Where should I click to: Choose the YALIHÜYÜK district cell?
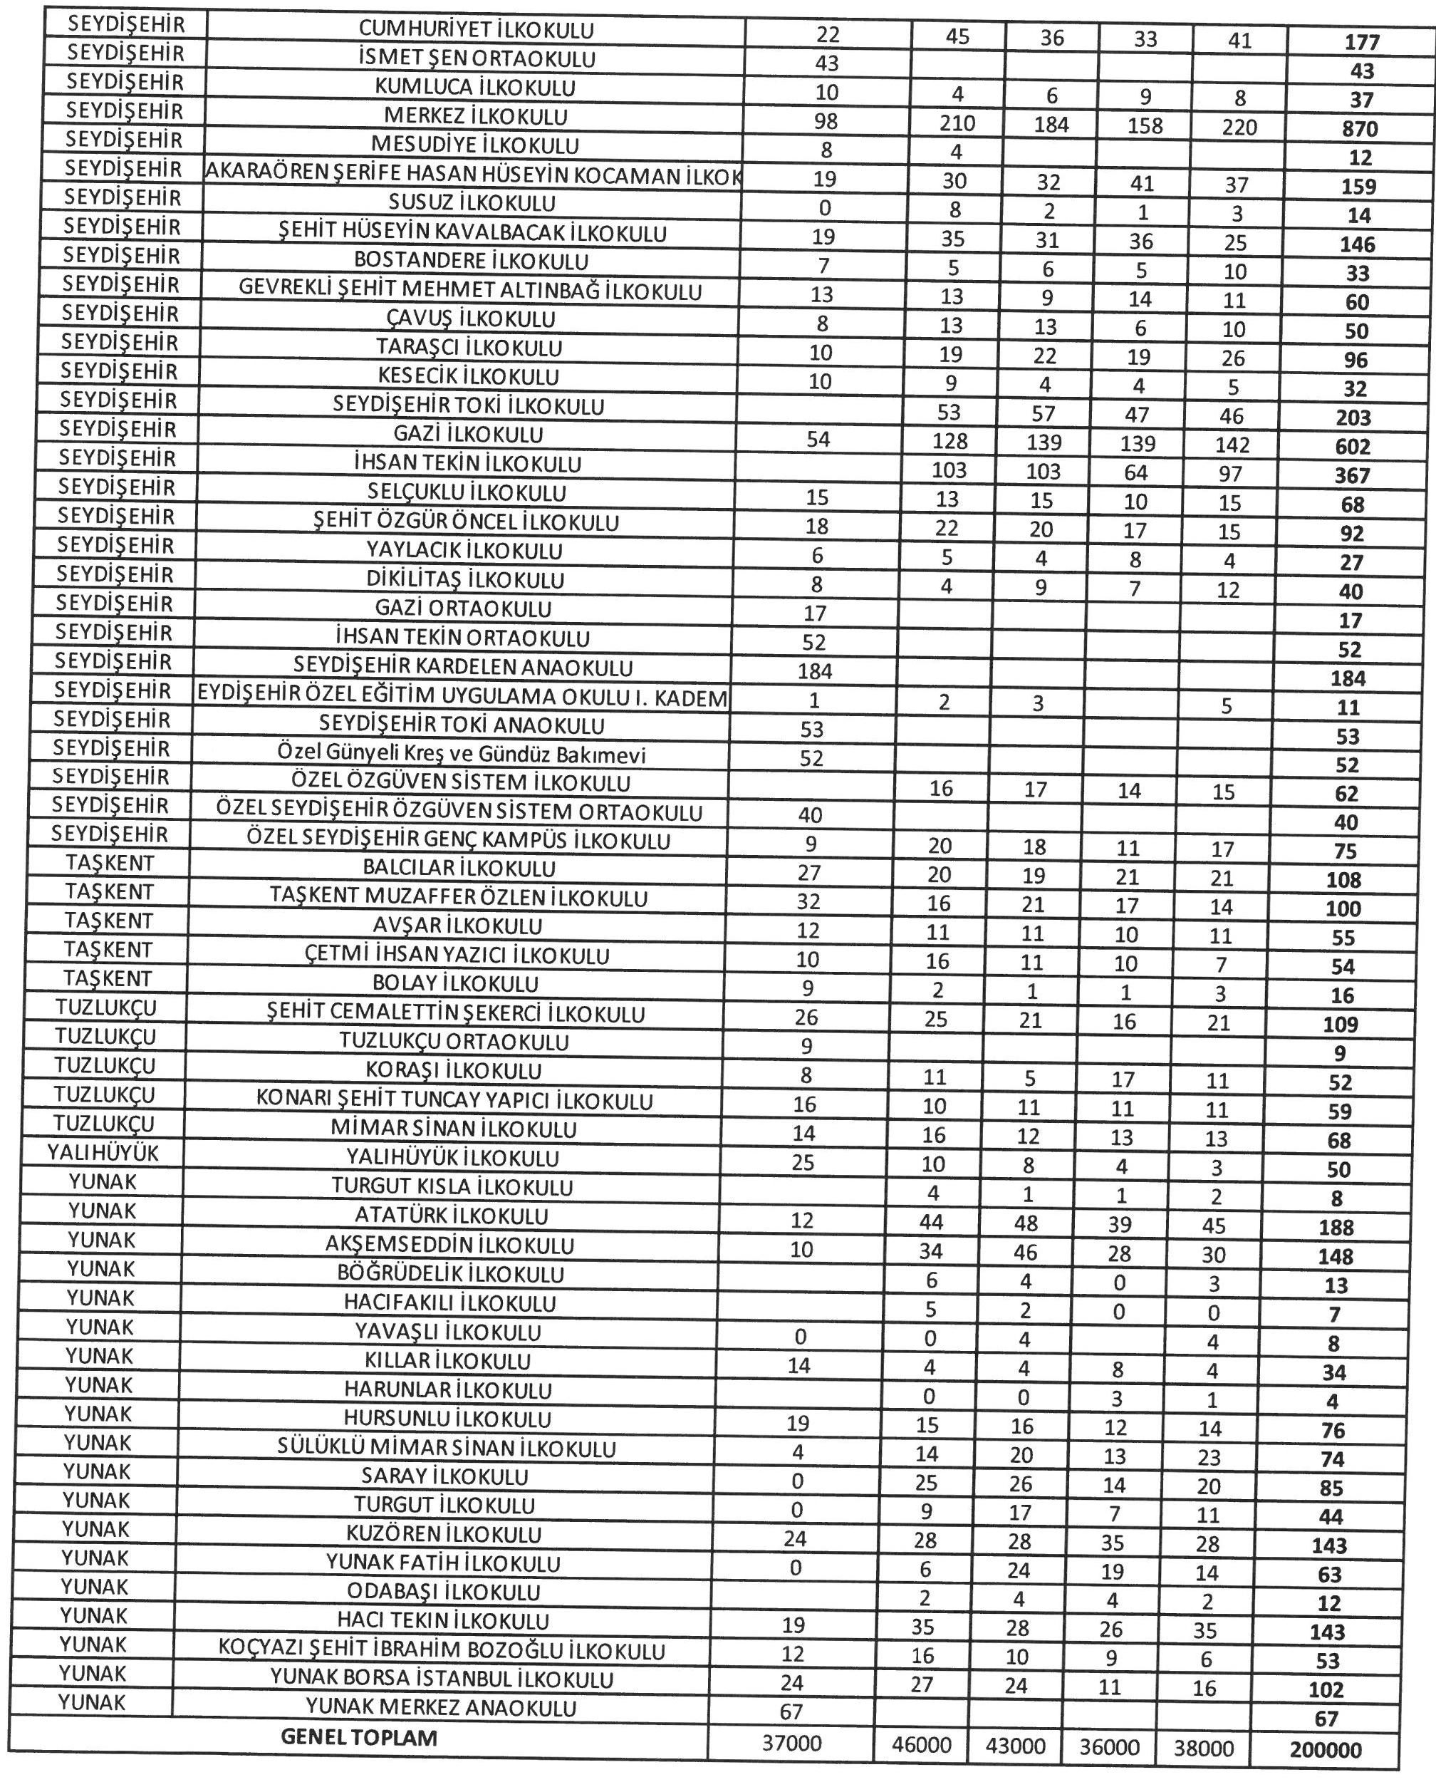coord(103,1153)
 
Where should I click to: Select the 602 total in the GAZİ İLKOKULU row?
coord(1353,447)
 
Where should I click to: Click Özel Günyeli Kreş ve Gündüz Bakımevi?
coord(461,755)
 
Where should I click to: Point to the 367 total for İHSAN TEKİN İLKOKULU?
coord(1353,477)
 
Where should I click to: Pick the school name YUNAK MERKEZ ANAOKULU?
coord(440,1708)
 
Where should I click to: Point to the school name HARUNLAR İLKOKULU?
coord(447,1390)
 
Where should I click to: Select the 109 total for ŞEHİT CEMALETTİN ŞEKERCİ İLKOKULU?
coord(1340,1025)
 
